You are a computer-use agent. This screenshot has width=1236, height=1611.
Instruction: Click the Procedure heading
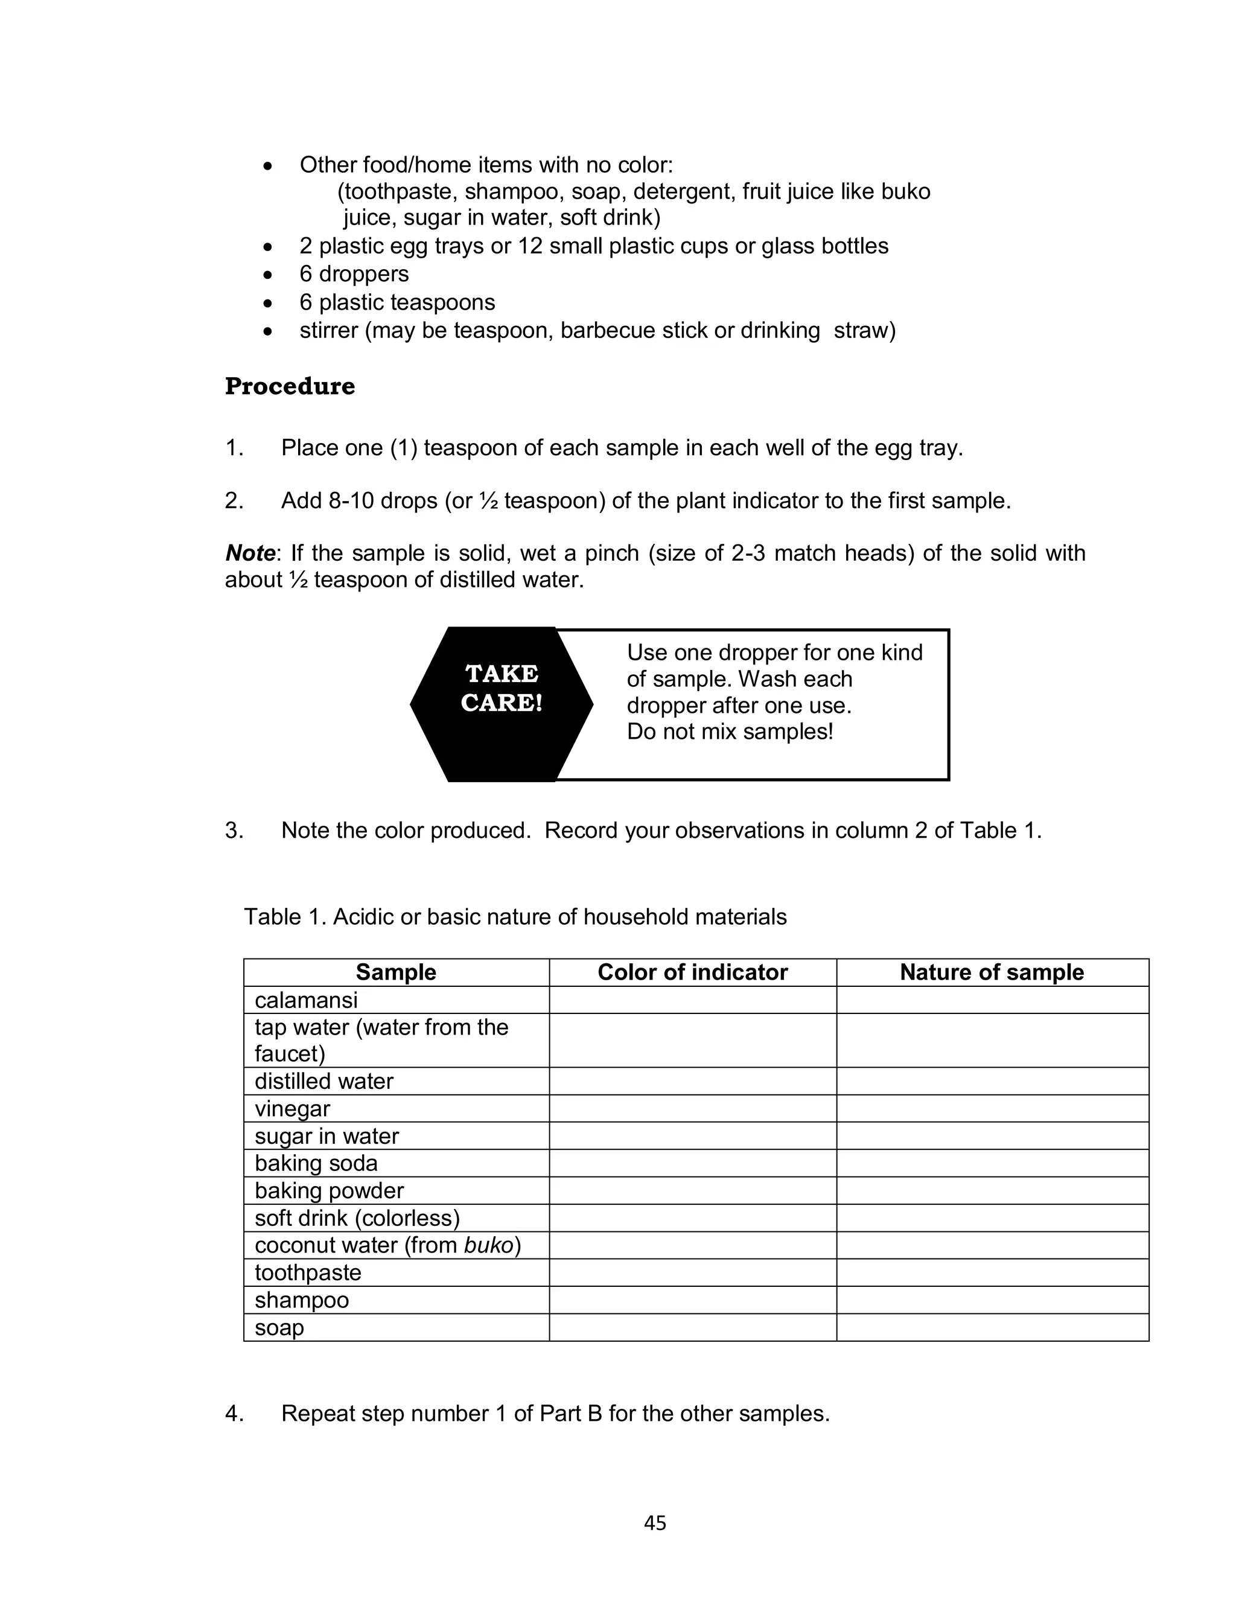(289, 386)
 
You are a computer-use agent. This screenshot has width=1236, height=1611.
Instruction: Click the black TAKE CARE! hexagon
(501, 703)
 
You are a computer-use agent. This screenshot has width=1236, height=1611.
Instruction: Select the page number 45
(654, 1523)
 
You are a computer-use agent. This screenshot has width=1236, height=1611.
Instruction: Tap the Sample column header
(396, 972)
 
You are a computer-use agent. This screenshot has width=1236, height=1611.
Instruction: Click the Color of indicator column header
(692, 972)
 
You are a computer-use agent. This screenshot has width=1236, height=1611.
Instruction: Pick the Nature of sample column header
(991, 972)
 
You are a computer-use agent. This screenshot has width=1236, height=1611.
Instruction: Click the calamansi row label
(306, 1000)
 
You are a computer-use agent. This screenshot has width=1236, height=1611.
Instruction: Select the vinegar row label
(292, 1109)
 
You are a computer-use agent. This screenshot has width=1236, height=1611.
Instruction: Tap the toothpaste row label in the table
(308, 1272)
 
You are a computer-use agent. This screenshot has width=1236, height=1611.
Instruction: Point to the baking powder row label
(329, 1190)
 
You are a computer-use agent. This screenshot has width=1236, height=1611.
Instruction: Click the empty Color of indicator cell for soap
(692, 1328)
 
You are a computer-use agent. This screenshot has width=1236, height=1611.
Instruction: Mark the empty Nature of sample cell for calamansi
(992, 1000)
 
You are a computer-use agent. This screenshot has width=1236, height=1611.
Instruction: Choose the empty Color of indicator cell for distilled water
(692, 1082)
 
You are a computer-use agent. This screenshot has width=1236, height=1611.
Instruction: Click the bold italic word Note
(250, 553)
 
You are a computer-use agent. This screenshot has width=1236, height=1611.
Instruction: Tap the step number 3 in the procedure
(234, 831)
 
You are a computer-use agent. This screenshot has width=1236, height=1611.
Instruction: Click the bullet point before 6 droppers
(268, 275)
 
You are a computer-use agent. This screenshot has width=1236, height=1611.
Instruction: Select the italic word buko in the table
(488, 1245)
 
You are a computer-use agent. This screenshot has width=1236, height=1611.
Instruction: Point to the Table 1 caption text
(515, 917)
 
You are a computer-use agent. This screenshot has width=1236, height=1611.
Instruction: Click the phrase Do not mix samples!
(729, 732)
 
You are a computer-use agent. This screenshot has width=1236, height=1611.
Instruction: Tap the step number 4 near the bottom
(234, 1414)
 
